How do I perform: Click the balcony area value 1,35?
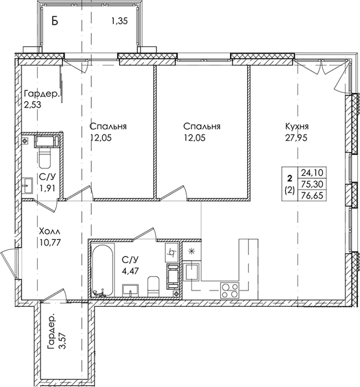pyautogui.click(x=119, y=22)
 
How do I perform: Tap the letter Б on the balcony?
pyautogui.click(x=55, y=21)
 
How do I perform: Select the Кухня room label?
pyautogui.click(x=297, y=127)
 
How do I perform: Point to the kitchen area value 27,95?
pyautogui.click(x=296, y=138)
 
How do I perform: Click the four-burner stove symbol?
pyautogui.click(x=230, y=290)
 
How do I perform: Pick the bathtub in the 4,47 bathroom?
pyautogui.click(x=103, y=270)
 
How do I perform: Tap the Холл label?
pyautogui.click(x=49, y=232)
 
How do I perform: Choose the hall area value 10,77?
pyautogui.click(x=50, y=243)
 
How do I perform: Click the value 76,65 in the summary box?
pyautogui.click(x=312, y=196)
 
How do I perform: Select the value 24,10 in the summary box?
pyautogui.click(x=312, y=172)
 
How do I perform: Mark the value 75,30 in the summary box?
pyautogui.click(x=312, y=184)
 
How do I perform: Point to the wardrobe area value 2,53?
pyautogui.click(x=33, y=104)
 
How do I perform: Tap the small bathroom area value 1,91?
pyautogui.click(x=47, y=188)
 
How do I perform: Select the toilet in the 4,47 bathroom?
pyautogui.click(x=154, y=286)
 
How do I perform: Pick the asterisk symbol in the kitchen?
pyautogui.click(x=191, y=251)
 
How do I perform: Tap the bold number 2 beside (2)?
pyautogui.click(x=290, y=178)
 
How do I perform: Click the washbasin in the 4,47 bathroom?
pyautogui.click(x=131, y=290)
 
